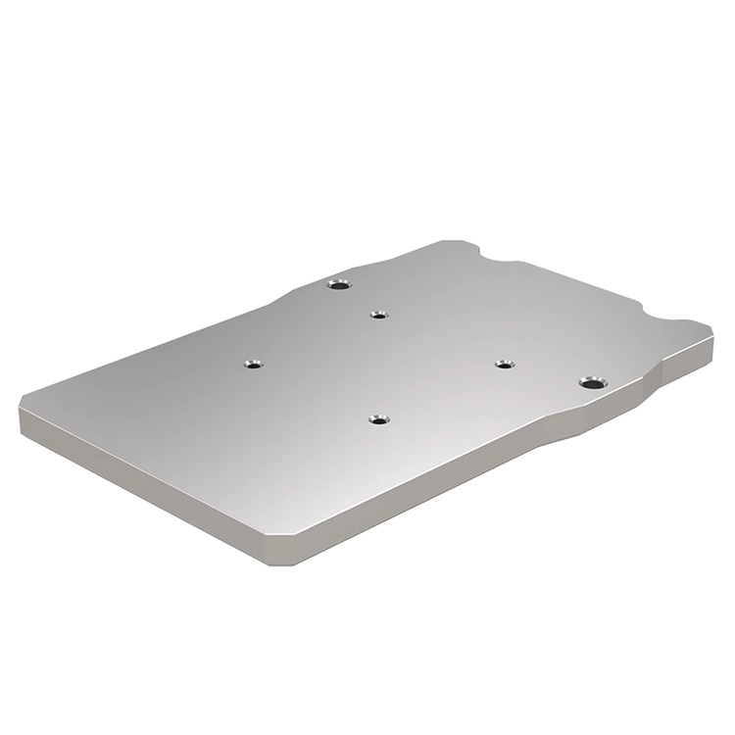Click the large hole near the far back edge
(x=338, y=285)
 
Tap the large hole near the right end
(x=590, y=381)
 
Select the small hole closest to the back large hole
(x=379, y=315)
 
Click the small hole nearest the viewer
(x=378, y=419)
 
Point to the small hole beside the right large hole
(x=504, y=365)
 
